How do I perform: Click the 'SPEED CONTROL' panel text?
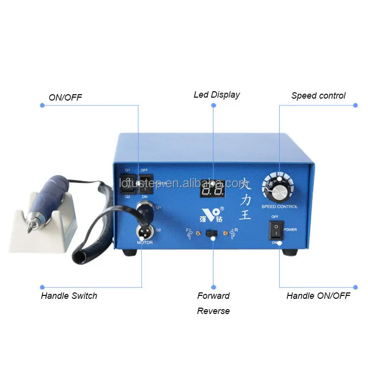click(x=279, y=207)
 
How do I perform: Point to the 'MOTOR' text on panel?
click(x=144, y=243)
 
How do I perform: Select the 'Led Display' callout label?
click(x=216, y=95)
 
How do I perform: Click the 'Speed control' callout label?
click(x=318, y=96)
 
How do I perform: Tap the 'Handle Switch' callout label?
click(x=69, y=296)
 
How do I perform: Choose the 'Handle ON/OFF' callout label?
click(x=318, y=296)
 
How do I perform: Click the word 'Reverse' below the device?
click(x=213, y=311)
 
